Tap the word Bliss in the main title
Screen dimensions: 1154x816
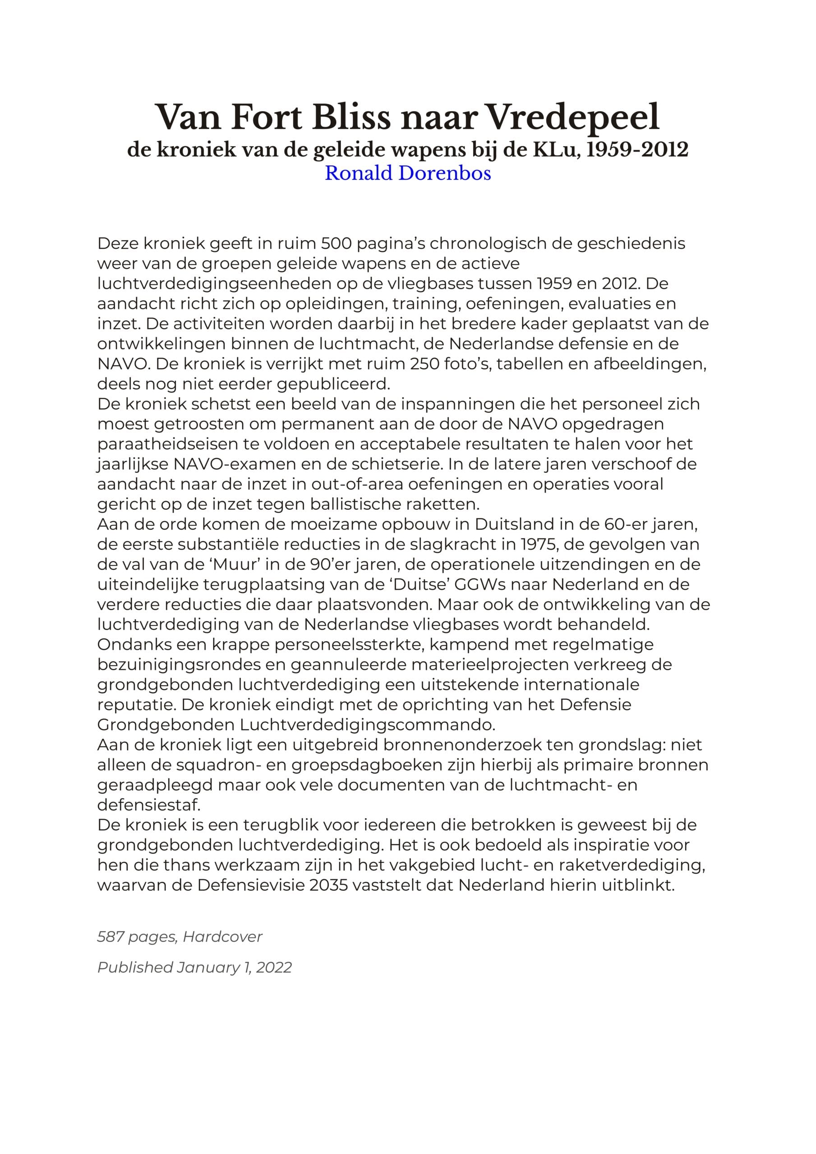[x=351, y=117]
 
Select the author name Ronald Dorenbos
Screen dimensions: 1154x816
[x=407, y=173]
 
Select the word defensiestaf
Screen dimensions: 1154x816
[x=149, y=805]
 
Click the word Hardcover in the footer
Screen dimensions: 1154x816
[x=222, y=936]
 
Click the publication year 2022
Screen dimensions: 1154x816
[x=274, y=967]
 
